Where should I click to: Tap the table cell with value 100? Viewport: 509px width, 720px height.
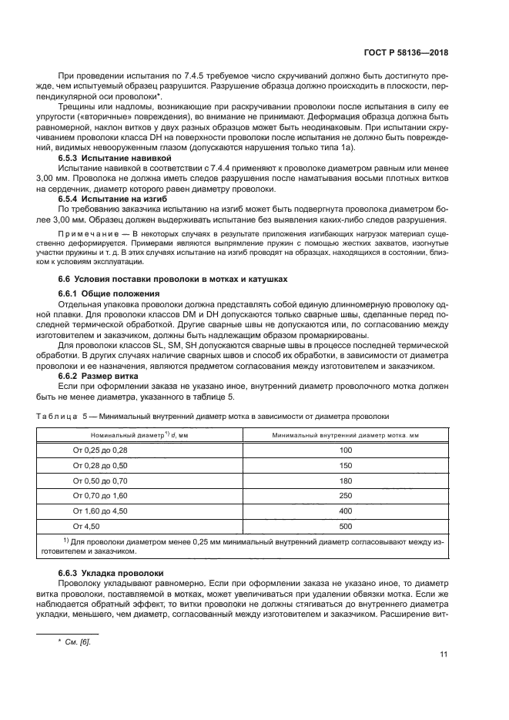click(345, 450)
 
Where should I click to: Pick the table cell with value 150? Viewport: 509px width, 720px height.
click(345, 465)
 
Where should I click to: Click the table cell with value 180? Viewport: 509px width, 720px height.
click(345, 481)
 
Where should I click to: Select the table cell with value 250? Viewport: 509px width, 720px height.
click(345, 496)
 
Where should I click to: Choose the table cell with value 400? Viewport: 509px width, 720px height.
click(345, 511)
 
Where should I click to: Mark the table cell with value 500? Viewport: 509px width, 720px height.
click(345, 527)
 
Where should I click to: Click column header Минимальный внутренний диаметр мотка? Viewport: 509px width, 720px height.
click(345, 435)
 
